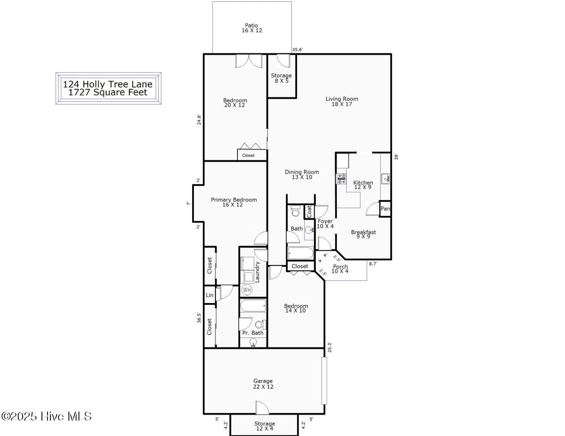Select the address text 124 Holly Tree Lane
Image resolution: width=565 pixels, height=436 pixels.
(x=107, y=84)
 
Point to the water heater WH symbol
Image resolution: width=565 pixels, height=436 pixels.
(x=247, y=289)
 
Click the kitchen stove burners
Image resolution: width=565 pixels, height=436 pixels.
(x=342, y=179)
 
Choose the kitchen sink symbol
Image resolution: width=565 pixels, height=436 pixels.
(x=385, y=179)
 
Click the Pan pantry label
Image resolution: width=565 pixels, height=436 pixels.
(x=385, y=209)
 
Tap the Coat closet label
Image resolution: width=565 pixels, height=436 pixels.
(x=309, y=212)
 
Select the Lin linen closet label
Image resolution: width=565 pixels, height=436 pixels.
(x=210, y=295)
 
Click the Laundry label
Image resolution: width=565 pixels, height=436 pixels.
(x=257, y=271)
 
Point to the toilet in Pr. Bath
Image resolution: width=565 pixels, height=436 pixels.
(x=260, y=324)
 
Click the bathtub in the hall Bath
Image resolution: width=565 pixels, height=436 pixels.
(x=300, y=253)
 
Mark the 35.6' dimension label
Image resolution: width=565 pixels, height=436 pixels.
(x=297, y=50)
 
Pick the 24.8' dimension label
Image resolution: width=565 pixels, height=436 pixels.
(x=199, y=120)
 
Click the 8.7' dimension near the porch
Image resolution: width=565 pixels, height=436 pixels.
(x=373, y=264)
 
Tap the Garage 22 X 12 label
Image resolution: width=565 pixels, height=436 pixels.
(x=263, y=383)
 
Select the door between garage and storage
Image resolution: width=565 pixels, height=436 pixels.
(x=262, y=408)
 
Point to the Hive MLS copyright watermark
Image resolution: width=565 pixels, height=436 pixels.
(x=46, y=416)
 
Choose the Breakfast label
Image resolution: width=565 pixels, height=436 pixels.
(x=363, y=232)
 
